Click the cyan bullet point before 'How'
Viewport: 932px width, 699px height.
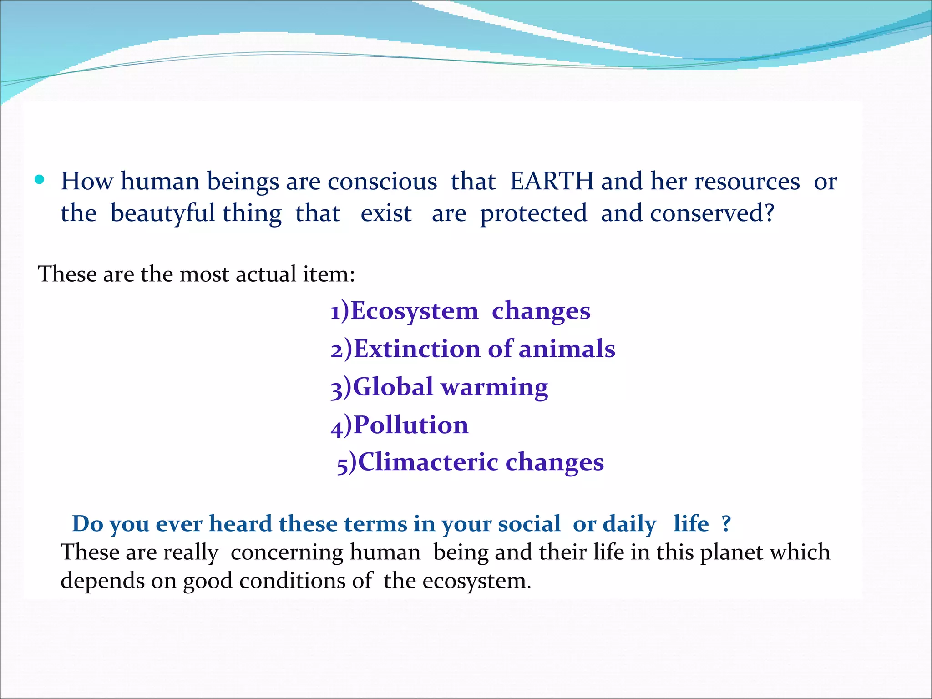pos(40,179)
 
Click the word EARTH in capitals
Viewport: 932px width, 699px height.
pos(552,181)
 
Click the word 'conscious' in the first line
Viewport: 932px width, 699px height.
pos(382,181)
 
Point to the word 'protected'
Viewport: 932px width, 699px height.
pos(533,213)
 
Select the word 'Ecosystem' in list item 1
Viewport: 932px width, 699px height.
pos(415,311)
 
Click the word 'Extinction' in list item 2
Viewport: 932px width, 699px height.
pos(417,349)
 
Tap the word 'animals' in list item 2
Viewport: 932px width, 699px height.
pos(567,349)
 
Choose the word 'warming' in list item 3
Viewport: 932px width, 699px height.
pos(495,388)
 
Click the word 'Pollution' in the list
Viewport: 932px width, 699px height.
pos(411,425)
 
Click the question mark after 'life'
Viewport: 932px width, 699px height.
pos(726,523)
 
